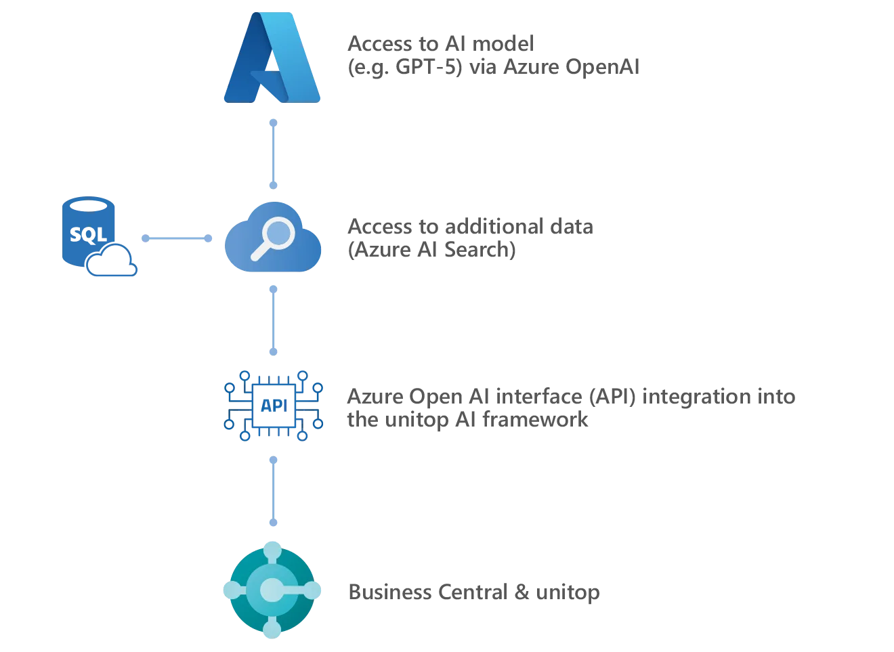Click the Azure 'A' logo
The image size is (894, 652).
point(273,58)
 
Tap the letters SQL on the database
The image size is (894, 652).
point(87,234)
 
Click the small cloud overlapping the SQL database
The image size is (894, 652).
point(114,263)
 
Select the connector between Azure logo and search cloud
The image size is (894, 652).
point(274,152)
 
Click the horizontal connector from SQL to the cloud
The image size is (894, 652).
point(177,238)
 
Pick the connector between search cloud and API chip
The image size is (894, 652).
point(274,319)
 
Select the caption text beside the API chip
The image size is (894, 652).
point(570,408)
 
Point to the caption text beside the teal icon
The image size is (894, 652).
point(473,591)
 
